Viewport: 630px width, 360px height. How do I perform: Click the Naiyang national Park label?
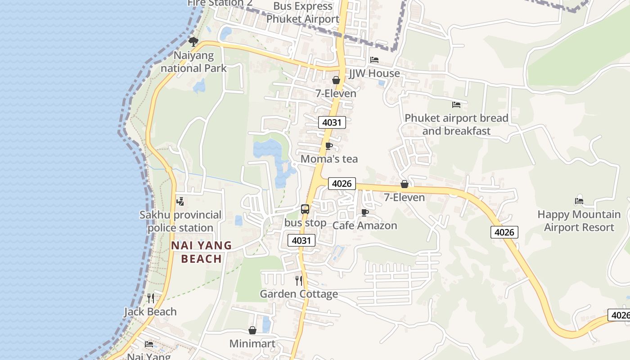193,62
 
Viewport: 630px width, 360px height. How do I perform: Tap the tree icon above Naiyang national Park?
193,42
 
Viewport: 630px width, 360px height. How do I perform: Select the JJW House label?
374,73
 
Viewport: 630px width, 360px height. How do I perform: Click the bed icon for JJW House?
374,60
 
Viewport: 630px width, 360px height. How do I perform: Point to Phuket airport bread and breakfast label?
456,125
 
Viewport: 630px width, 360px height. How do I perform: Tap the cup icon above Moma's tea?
329,146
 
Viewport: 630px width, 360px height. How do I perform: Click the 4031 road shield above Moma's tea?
332,122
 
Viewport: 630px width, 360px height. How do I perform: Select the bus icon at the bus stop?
305,209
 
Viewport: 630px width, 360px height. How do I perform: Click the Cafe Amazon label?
364,225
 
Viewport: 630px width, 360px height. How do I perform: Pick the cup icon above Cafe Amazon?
365,212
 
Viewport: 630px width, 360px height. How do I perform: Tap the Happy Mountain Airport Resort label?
579,221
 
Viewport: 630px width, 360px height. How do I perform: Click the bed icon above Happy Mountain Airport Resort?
579,201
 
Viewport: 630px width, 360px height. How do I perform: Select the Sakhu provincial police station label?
180,221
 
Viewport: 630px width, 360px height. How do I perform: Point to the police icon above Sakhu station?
180,202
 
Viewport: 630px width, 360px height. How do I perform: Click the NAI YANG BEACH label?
202,252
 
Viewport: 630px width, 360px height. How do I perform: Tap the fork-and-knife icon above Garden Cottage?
299,281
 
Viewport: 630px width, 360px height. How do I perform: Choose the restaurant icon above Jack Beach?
151,298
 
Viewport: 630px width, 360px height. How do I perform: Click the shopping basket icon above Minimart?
252,331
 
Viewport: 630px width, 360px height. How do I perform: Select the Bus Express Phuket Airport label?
302,13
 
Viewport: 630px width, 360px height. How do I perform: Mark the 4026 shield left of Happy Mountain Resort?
504,232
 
